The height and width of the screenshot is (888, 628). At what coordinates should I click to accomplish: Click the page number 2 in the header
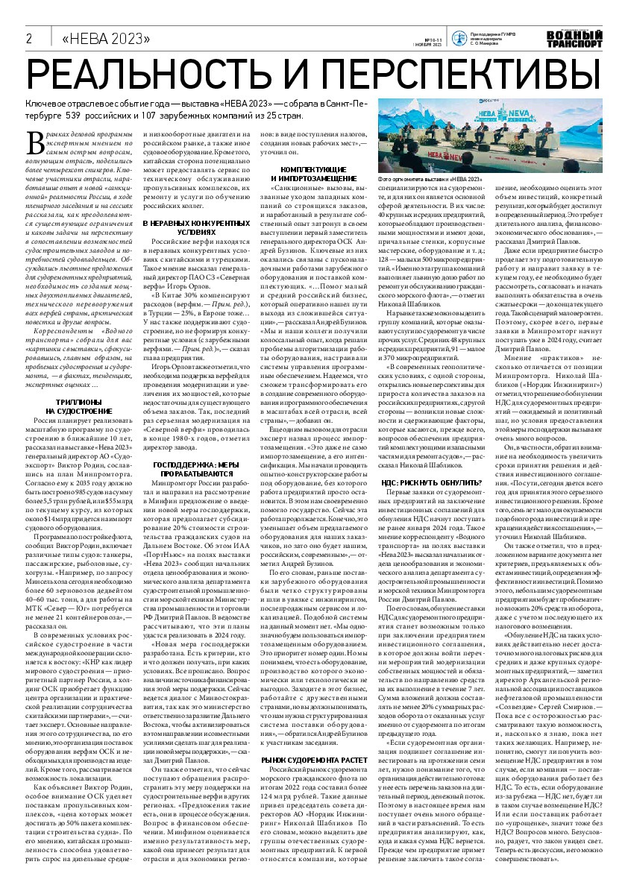click(x=30, y=38)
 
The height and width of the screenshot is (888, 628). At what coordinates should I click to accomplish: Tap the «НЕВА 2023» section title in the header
click(x=106, y=39)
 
